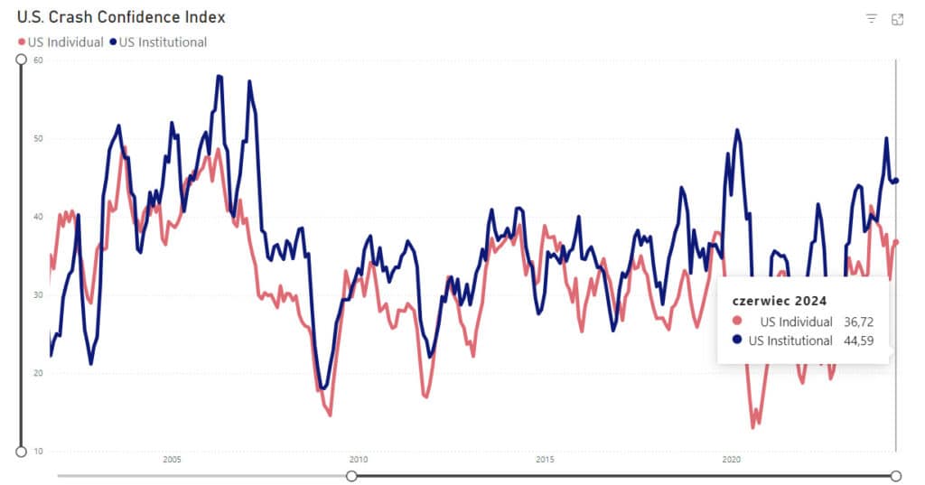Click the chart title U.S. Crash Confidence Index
pos(121,17)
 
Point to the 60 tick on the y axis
pos(39,61)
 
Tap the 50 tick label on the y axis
pos(39,139)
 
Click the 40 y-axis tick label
pos(39,217)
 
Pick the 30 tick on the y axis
pos(39,295)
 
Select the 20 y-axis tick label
pos(39,373)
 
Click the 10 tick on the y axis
pos(39,451)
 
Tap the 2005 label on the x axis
pos(173,460)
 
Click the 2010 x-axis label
pos(359,460)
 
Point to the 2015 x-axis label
pos(545,460)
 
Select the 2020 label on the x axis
pos(732,460)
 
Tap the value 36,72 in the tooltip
pos(856,322)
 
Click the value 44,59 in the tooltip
pos(856,340)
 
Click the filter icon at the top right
pos(872,19)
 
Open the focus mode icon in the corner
pos(897,19)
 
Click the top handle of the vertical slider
pos(21,60)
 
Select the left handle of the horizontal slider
pos(351,476)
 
